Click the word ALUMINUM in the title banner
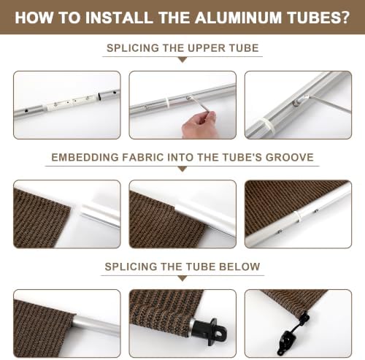tap(238, 18)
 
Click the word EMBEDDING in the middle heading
tap(85, 157)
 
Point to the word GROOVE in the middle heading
tap(290, 157)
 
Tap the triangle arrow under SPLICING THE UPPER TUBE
tap(182, 60)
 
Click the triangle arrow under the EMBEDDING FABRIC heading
tap(182, 169)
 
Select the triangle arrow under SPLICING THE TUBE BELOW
tap(182, 278)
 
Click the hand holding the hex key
tap(199, 126)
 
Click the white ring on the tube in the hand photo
tap(168, 103)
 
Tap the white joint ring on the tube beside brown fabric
tap(298, 216)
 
